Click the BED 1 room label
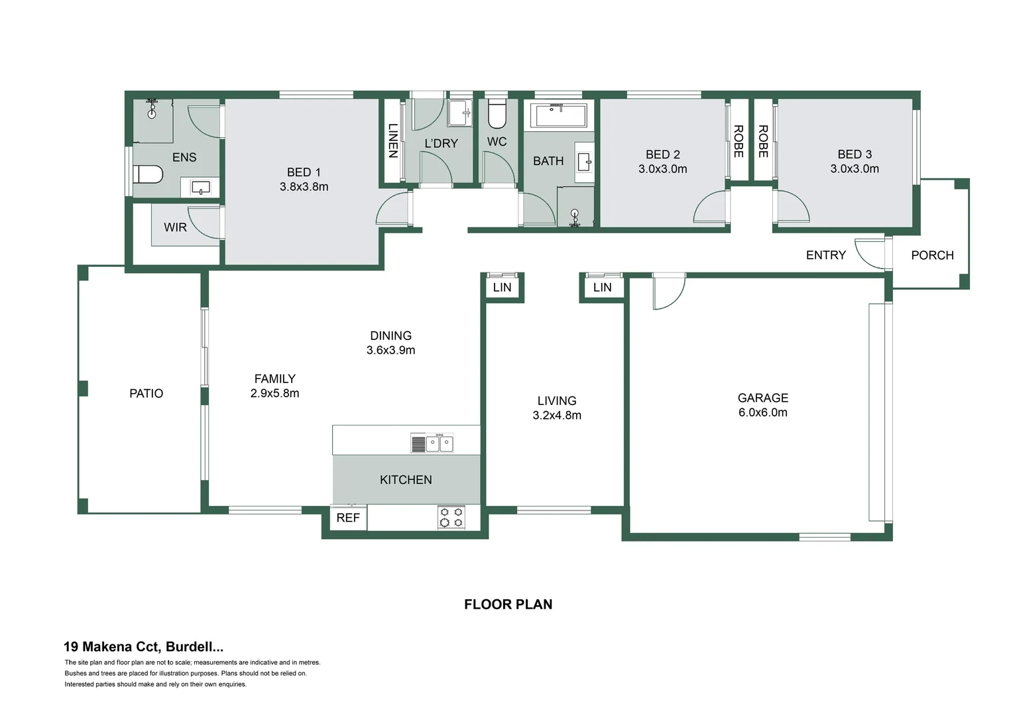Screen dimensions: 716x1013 pos(304,172)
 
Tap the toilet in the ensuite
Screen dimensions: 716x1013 pos(148,174)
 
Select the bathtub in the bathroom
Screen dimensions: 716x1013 pos(558,115)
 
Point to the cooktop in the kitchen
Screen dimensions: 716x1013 pos(451,517)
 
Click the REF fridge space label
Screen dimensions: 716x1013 pos(348,518)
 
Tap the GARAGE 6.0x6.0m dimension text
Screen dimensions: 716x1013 pos(762,412)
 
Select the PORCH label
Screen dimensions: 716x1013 pos(932,255)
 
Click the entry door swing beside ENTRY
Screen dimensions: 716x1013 pos(868,253)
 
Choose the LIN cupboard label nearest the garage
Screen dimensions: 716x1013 pos(602,287)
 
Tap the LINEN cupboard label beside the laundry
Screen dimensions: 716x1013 pos(392,141)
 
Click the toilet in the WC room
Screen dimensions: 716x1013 pos(497,114)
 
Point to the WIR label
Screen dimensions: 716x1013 pos(175,227)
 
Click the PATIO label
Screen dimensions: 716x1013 pos(146,393)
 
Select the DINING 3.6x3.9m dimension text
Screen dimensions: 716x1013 pos(390,350)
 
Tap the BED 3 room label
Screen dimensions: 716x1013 pos(855,154)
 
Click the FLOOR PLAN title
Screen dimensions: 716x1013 pos(508,604)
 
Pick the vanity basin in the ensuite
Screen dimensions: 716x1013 pos(201,188)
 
